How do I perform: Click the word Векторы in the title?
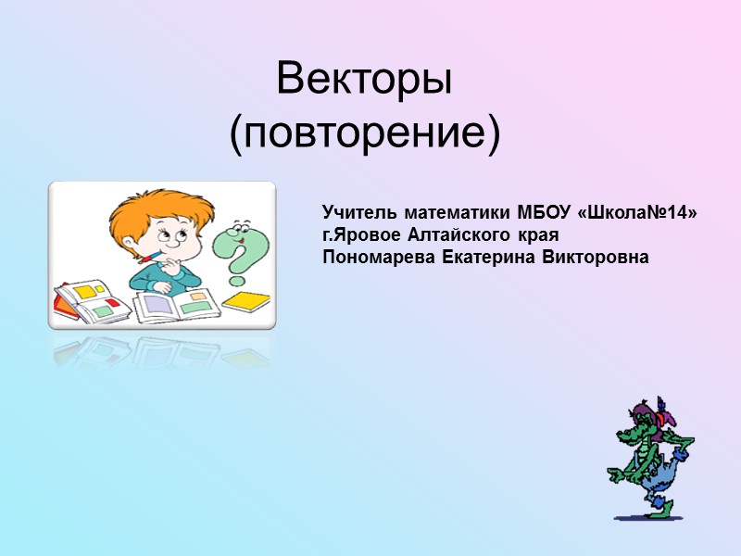(x=364, y=82)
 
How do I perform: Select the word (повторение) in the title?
(x=364, y=135)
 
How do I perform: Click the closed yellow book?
(x=246, y=301)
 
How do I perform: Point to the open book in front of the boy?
(x=176, y=305)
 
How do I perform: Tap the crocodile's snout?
(x=629, y=436)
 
